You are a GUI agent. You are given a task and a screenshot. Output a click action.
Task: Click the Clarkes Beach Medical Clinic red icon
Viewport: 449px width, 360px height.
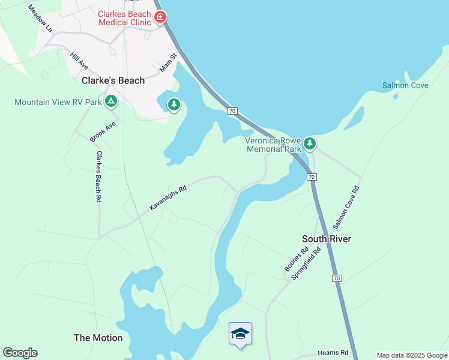point(160,16)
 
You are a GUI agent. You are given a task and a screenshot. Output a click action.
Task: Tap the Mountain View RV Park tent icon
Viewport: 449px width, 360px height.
point(110,101)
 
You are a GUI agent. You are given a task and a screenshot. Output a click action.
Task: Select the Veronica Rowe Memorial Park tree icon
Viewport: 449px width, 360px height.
point(310,143)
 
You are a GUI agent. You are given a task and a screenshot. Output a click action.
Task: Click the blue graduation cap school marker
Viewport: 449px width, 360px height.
point(240,334)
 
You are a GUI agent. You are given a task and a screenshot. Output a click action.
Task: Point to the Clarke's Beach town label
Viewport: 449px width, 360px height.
point(113,80)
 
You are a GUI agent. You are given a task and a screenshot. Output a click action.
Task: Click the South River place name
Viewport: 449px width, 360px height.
point(326,239)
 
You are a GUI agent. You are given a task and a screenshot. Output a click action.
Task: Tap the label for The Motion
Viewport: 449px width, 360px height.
point(98,338)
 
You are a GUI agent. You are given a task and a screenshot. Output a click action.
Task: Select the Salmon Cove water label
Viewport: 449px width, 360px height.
point(405,85)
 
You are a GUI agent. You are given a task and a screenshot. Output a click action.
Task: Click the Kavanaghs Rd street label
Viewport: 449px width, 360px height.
point(168,197)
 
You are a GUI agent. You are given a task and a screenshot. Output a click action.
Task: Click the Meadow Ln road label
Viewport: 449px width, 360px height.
point(40,18)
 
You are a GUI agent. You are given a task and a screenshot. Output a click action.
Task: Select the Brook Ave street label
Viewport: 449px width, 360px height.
point(102,131)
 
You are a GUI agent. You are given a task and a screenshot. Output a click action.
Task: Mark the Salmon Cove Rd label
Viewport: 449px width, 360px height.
point(346,207)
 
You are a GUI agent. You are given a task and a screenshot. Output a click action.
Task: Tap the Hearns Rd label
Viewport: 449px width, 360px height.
point(334,353)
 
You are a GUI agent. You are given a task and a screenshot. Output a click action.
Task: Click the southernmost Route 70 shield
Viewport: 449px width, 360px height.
point(337,278)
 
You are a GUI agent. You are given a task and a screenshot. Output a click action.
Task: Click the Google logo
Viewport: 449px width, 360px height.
point(20,353)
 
